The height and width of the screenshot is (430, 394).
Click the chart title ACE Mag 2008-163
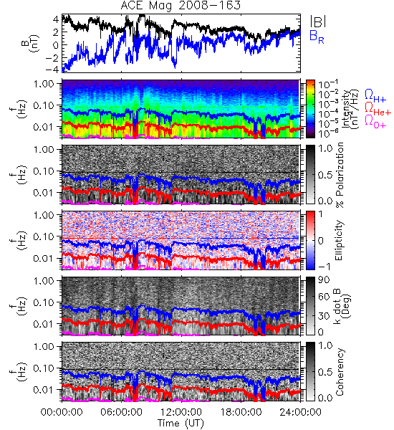(181, 6)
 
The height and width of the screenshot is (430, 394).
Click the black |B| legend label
(318, 21)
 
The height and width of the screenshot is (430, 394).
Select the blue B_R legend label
(317, 37)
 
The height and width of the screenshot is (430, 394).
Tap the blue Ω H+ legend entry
(375, 96)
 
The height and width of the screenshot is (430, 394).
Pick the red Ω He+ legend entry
(378, 109)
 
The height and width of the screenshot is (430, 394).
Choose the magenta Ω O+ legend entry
(375, 122)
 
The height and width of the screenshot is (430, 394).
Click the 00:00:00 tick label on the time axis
(62, 412)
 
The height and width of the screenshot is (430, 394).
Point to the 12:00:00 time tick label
(181, 412)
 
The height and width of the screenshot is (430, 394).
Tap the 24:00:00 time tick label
(300, 412)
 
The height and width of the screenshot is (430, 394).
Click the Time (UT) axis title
(181, 424)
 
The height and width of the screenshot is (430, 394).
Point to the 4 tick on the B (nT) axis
(56, 19)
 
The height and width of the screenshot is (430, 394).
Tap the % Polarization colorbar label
(340, 175)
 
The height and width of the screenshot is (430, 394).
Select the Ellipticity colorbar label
(339, 240)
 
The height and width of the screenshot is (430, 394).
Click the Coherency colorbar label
(340, 372)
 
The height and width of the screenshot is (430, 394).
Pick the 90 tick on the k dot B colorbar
(324, 280)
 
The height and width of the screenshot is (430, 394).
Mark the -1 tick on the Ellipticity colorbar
(325, 267)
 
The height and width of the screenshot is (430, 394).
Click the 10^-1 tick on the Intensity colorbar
(325, 84)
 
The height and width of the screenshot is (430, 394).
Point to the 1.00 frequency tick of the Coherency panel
(44, 346)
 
